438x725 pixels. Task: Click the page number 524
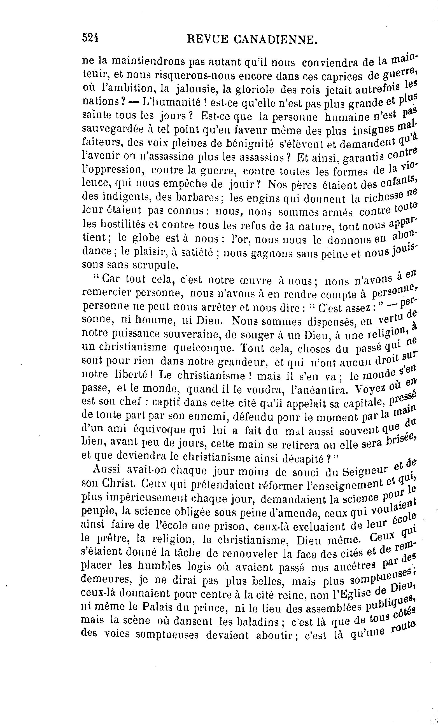pyautogui.click(x=90, y=38)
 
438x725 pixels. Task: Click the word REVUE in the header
pyautogui.click(x=207, y=39)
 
